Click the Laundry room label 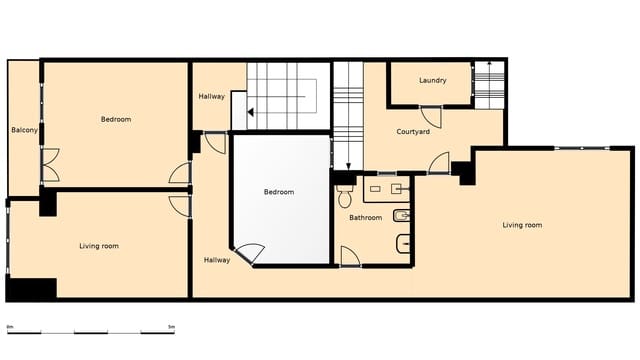pyautogui.click(x=432, y=80)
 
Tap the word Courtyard pyautogui.click(x=413, y=132)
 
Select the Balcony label pyautogui.click(x=25, y=130)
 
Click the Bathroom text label pyautogui.click(x=365, y=217)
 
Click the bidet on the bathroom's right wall pyautogui.click(x=402, y=216)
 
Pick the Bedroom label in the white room pyautogui.click(x=279, y=192)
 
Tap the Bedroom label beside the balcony pyautogui.click(x=116, y=120)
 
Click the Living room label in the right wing pyautogui.click(x=522, y=225)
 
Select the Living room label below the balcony pyautogui.click(x=99, y=245)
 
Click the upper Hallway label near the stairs pyautogui.click(x=211, y=97)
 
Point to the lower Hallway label pyautogui.click(x=217, y=260)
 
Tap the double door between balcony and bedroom pyautogui.click(x=49, y=165)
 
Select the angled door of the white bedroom pyautogui.click(x=248, y=254)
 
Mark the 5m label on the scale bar pyautogui.click(x=171, y=327)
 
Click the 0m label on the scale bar pyautogui.click(x=10, y=327)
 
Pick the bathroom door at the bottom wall pyautogui.click(x=350, y=257)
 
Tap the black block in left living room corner pyautogui.click(x=30, y=288)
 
